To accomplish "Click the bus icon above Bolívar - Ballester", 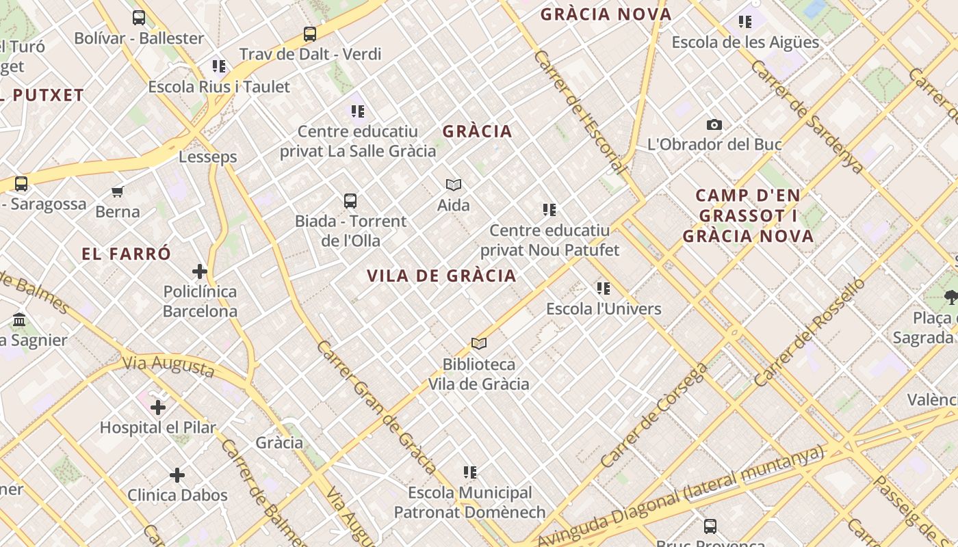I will [x=139, y=18].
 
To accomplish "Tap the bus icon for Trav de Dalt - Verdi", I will [x=310, y=34].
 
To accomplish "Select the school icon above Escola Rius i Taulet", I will [x=219, y=66].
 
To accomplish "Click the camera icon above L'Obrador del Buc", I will [x=714, y=124].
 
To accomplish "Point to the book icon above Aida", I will [x=454, y=185].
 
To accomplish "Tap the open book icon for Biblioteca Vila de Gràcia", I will [x=479, y=343].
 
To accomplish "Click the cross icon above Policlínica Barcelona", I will [x=200, y=271].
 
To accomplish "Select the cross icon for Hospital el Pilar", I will [x=158, y=408].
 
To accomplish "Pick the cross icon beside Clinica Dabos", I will [x=177, y=475].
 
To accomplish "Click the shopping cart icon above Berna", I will [x=118, y=191].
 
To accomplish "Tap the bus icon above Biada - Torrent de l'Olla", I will [x=350, y=201].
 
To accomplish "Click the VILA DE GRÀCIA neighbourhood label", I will [x=441, y=276].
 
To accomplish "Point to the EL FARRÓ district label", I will [x=126, y=254].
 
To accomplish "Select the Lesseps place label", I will [x=208, y=157].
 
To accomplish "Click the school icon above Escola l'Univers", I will [x=603, y=289].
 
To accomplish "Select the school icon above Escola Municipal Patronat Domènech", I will [x=470, y=472].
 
